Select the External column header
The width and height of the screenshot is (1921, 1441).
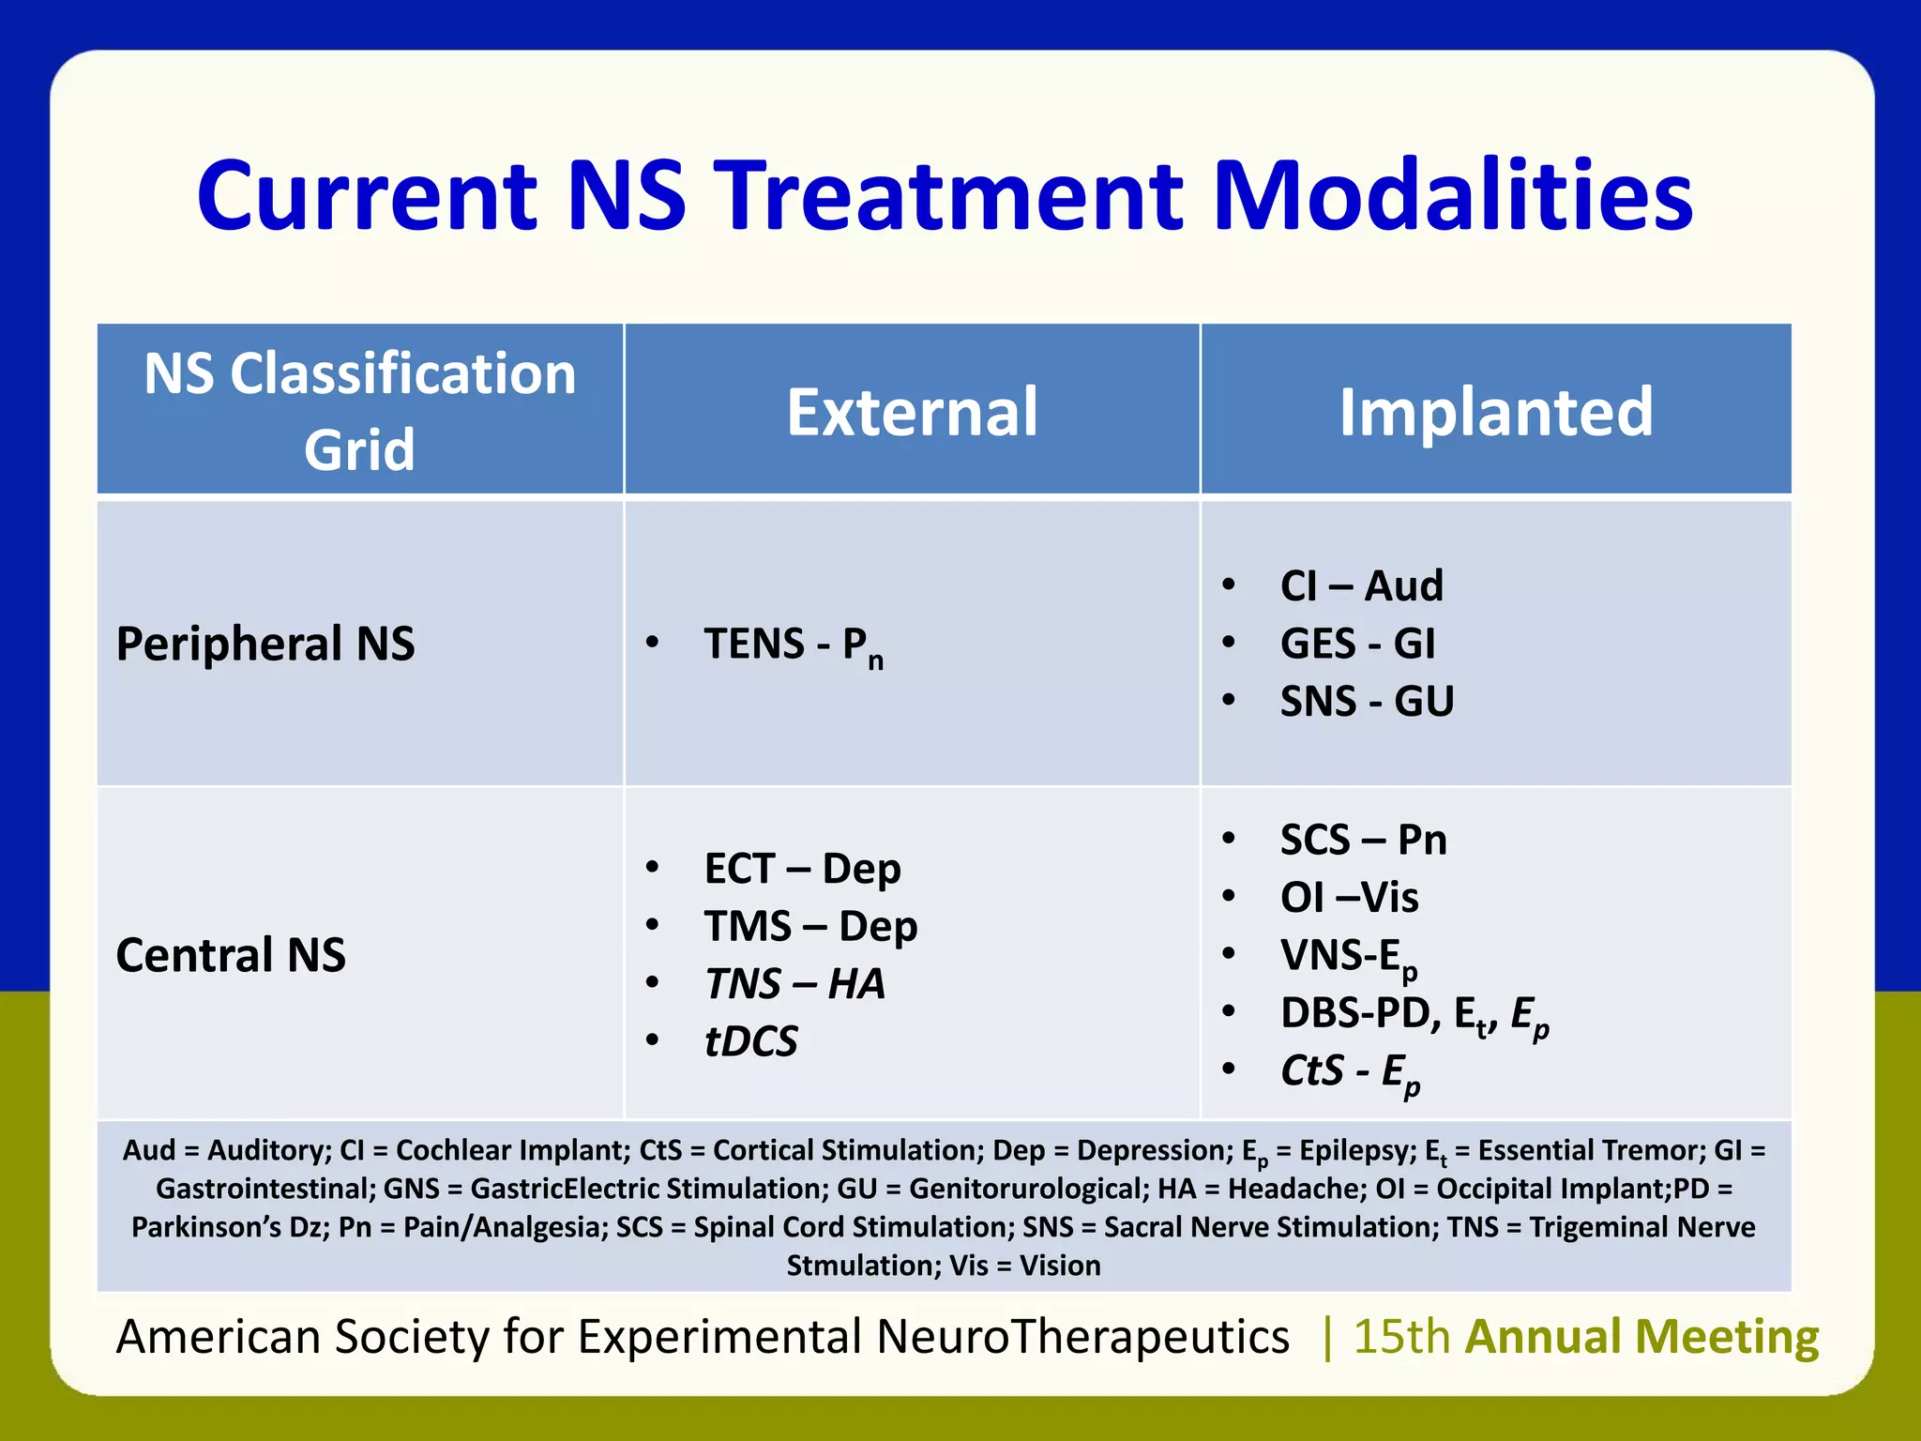(x=912, y=412)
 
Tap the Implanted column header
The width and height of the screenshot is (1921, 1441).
(x=1495, y=412)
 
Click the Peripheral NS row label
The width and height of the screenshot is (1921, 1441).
(x=265, y=645)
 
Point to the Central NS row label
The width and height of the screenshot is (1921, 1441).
(x=231, y=955)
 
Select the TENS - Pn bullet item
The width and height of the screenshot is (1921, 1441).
(x=793, y=645)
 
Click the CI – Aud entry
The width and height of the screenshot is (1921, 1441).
(x=1361, y=586)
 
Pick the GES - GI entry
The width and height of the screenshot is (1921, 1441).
(x=1357, y=645)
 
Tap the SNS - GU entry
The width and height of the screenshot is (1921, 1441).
(x=1367, y=702)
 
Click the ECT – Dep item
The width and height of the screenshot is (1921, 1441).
(x=802, y=869)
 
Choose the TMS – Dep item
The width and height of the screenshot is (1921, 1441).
(x=810, y=927)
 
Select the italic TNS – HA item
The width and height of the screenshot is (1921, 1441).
(x=794, y=984)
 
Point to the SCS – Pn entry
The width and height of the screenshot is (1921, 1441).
(x=1363, y=840)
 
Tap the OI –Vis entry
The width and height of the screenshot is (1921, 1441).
(x=1349, y=898)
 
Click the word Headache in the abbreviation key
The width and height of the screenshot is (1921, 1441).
(x=1293, y=1189)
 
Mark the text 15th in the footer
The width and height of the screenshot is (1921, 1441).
(x=1401, y=1336)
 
